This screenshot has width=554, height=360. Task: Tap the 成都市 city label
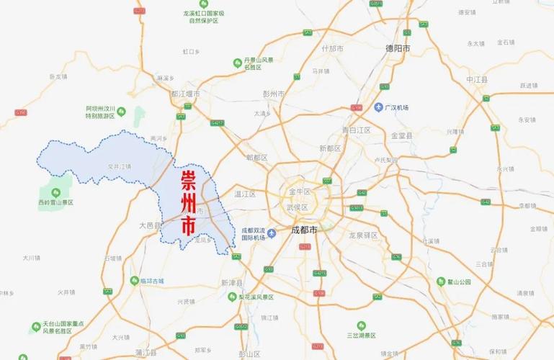click(x=304, y=230)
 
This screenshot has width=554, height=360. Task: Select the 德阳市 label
click(x=398, y=49)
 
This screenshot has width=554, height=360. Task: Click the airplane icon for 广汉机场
click(x=378, y=107)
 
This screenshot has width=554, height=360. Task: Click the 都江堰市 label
click(x=185, y=94)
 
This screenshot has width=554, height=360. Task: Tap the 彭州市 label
click(x=274, y=94)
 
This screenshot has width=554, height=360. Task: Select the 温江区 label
click(x=246, y=194)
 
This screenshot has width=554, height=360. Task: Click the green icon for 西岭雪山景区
click(x=55, y=192)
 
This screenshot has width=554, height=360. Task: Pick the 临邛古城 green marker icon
click(x=134, y=280)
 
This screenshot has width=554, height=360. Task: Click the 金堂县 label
click(x=401, y=135)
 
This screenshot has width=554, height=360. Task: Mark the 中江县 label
click(x=477, y=78)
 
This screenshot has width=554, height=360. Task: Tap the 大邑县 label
click(x=150, y=225)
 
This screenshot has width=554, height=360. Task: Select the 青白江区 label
click(x=356, y=130)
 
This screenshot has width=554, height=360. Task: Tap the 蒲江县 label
click(x=146, y=352)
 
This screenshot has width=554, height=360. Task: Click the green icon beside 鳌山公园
click(x=441, y=282)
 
